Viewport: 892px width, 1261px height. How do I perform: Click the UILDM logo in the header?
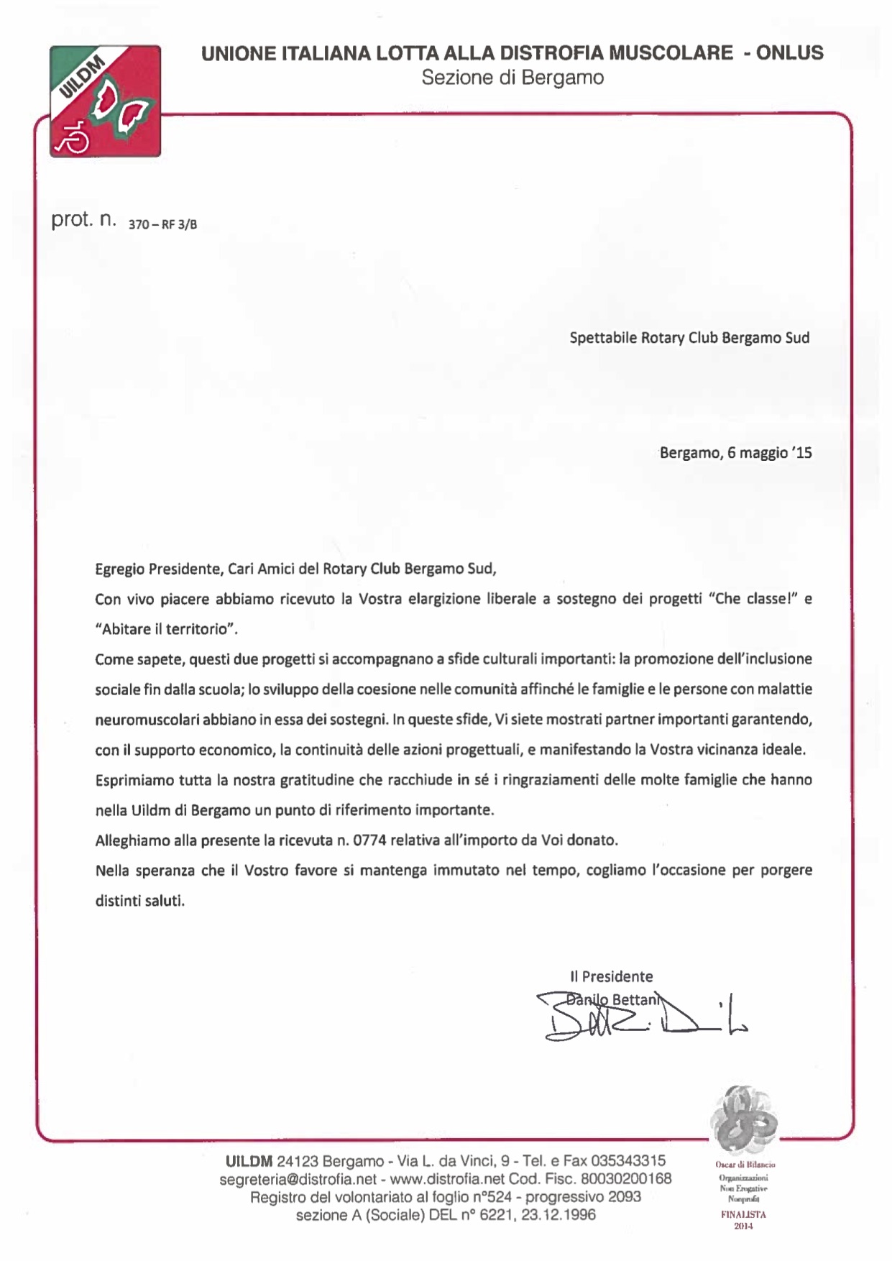105,101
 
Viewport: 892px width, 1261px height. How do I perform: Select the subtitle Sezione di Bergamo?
512,78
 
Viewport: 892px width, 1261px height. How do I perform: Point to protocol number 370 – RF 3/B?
162,224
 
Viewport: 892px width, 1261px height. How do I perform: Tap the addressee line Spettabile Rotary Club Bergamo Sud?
689,338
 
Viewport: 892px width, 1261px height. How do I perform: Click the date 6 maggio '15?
769,453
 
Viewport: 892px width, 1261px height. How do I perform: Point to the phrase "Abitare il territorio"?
166,629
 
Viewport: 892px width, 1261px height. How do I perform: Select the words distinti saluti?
139,900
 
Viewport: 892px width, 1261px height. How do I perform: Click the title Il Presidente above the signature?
611,976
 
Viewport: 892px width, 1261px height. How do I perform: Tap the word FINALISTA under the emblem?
743,1214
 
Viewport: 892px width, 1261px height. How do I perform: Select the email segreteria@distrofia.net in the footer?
298,1179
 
